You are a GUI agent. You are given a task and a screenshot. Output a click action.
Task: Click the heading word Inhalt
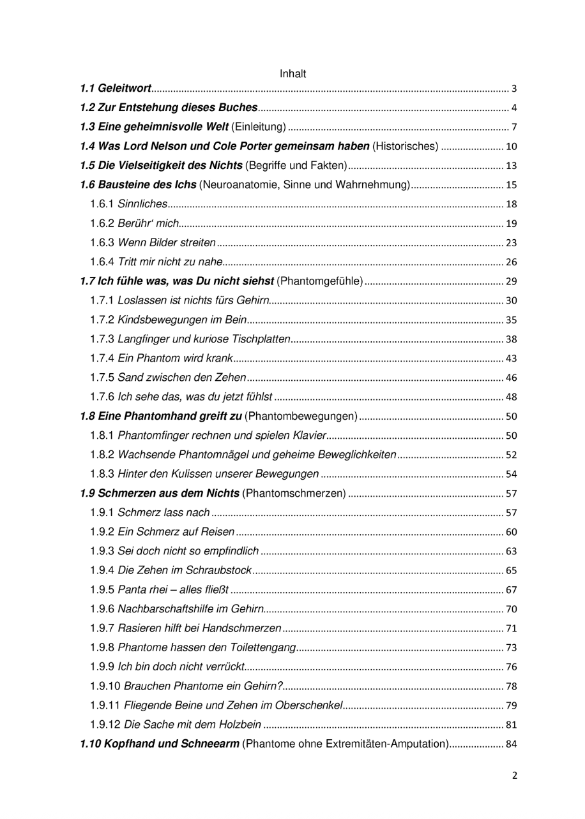click(293, 74)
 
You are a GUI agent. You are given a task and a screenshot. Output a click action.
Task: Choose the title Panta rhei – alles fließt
click(174, 589)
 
